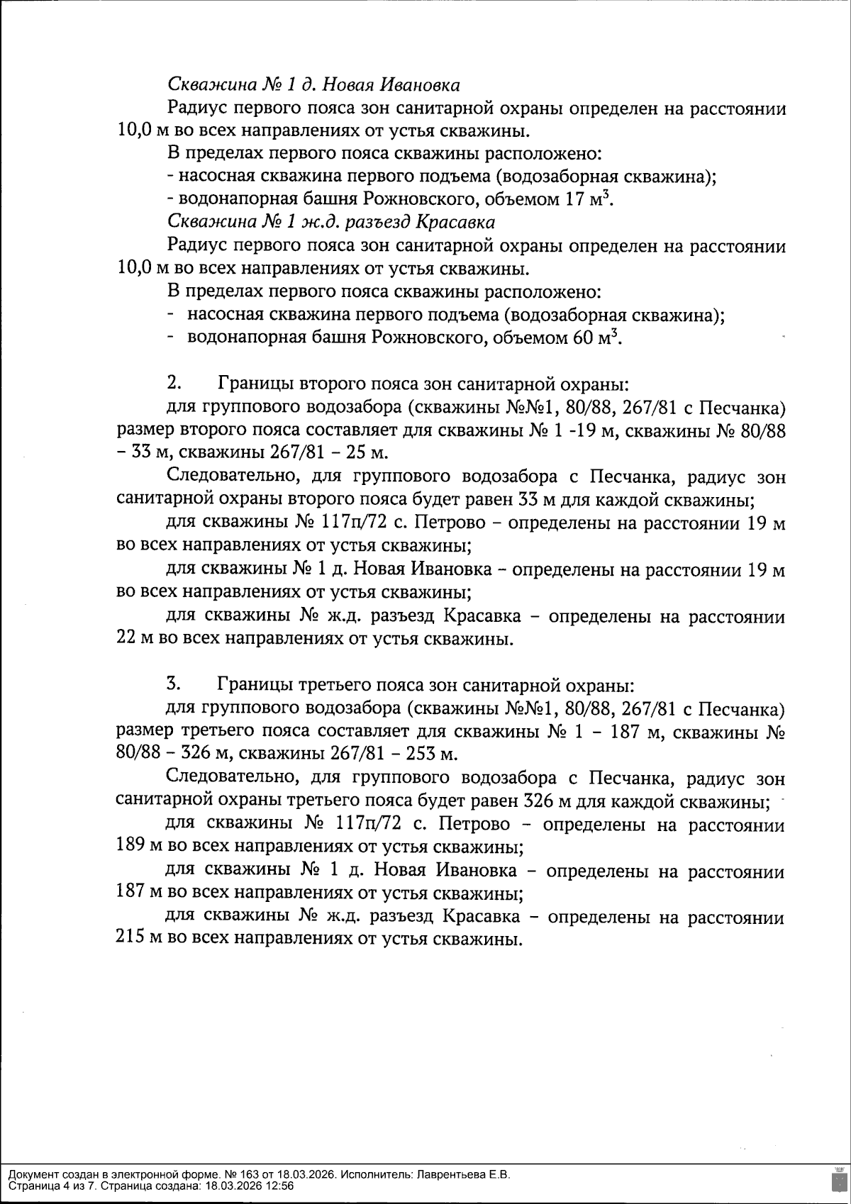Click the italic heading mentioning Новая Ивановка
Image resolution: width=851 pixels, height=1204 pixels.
313,85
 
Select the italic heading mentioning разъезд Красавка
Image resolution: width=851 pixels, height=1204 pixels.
330,222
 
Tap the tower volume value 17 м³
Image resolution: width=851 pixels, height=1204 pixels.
588,199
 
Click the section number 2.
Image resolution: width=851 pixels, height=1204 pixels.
174,384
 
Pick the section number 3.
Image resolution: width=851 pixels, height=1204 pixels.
174,684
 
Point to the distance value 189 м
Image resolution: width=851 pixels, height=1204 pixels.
134,847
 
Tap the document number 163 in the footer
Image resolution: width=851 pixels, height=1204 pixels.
232,1174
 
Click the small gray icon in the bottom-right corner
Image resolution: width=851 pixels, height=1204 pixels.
840,1180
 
